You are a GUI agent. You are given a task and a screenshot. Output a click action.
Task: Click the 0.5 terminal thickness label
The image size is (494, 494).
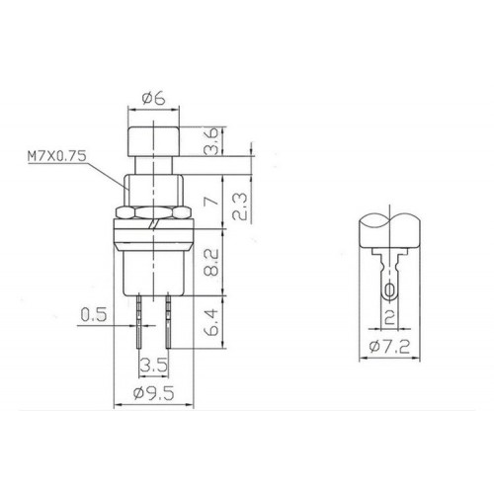point(94,315)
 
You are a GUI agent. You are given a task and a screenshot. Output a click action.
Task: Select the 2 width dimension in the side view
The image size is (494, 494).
point(392,316)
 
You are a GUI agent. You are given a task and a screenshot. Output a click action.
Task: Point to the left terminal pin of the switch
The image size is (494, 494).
point(141,316)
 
